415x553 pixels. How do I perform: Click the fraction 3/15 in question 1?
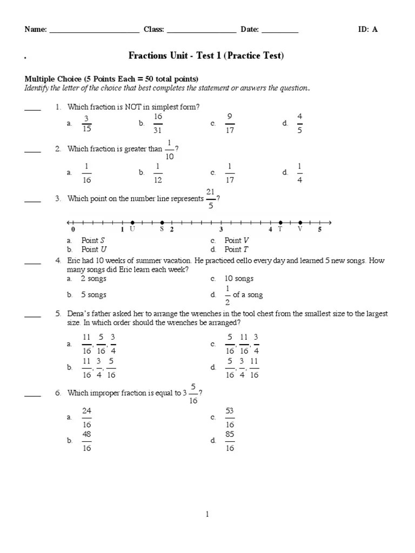86,124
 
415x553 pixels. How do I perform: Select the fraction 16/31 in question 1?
158,124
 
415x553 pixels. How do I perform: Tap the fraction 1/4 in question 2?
300,173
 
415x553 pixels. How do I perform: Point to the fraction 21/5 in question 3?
211,199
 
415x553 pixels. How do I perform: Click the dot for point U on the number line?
133,222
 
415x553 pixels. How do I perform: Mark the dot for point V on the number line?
300,222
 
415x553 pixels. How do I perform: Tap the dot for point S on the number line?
162,222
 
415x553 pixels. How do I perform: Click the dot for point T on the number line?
280,222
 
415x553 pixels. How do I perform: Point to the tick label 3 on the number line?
221,230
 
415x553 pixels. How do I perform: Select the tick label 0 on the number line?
73,230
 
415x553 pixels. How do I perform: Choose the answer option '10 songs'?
239,279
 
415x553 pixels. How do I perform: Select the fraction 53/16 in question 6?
230,418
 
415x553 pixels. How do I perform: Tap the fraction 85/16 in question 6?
230,441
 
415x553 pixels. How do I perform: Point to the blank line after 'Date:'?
280,30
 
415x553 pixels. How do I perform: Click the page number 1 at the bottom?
207,515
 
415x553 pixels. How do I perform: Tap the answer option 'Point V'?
237,240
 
